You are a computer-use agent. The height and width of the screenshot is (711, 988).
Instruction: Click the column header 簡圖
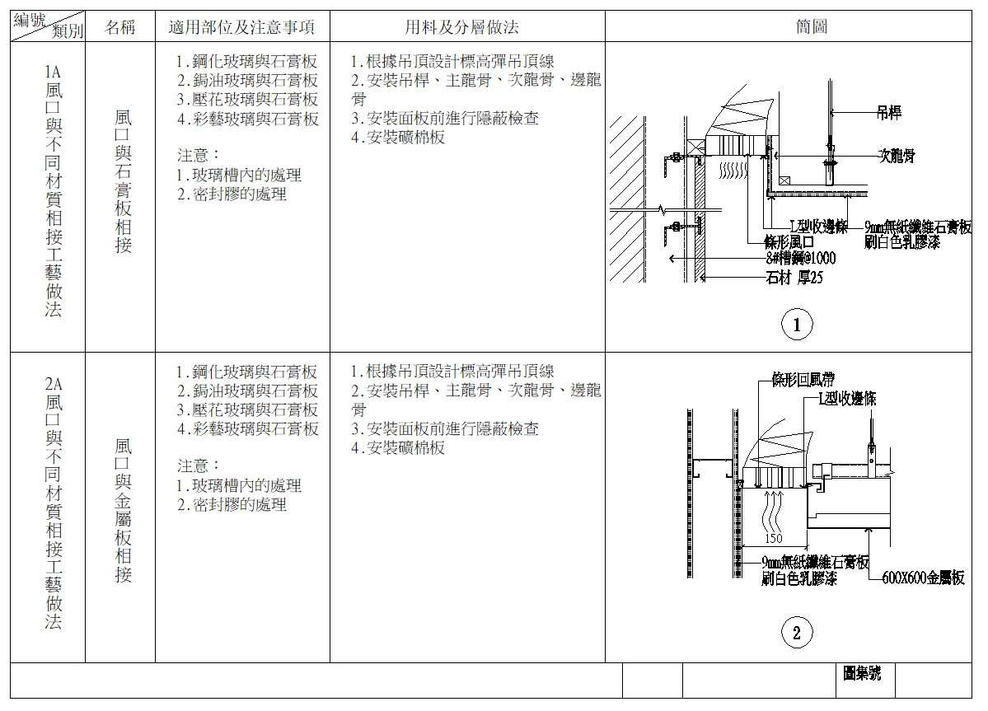tap(811, 26)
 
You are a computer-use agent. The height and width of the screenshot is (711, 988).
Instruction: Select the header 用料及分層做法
tap(461, 27)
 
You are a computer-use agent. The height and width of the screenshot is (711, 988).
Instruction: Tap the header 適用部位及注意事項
tap(241, 27)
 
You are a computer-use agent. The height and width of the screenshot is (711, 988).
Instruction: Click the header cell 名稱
tap(119, 27)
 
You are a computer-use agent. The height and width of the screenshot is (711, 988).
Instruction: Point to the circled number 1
tap(797, 325)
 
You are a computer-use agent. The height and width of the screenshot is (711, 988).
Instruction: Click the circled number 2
tap(797, 633)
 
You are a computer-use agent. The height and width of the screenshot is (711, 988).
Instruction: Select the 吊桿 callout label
tap(888, 113)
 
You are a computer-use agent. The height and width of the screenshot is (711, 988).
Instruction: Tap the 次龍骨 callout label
tap(897, 155)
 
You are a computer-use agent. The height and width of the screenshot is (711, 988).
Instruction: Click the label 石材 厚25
tap(794, 278)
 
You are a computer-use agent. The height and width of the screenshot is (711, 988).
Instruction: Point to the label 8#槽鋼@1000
tap(801, 258)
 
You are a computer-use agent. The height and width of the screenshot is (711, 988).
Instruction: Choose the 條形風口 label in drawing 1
tap(789, 242)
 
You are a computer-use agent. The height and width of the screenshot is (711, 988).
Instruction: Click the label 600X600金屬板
tap(923, 578)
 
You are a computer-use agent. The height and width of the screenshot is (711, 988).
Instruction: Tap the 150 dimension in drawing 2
tap(773, 539)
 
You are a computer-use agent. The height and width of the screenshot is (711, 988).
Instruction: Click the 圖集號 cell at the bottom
tap(862, 673)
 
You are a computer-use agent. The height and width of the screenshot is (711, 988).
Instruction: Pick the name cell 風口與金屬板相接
tap(123, 511)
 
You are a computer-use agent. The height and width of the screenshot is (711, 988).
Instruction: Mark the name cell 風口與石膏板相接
tap(123, 181)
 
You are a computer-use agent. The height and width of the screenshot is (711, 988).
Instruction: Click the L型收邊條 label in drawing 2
tap(847, 398)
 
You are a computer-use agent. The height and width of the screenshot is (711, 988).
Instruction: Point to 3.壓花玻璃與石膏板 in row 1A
tap(247, 100)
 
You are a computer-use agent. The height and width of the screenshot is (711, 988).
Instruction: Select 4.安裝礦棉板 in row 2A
tap(398, 447)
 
